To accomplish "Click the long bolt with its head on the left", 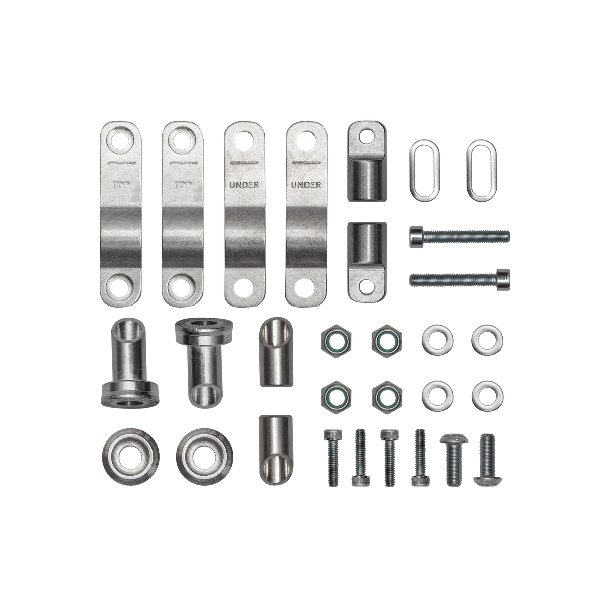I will (460, 235).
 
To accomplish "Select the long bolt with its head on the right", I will (460, 277).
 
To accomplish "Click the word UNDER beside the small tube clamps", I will (307, 185).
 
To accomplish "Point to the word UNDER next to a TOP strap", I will (244, 185).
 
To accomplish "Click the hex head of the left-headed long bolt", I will (416, 235).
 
